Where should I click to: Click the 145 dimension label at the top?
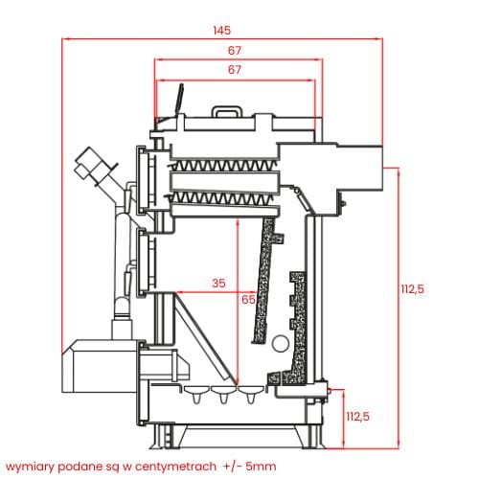(221, 31)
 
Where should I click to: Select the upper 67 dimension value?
(235, 50)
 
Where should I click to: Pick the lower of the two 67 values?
(235, 70)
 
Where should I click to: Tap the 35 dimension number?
(218, 283)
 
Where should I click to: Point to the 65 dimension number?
(248, 299)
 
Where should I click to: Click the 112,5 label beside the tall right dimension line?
(412, 289)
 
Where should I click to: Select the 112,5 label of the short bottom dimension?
(357, 417)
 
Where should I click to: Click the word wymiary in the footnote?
(30, 467)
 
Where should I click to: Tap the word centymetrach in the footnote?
(175, 467)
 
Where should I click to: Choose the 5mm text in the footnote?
(262, 467)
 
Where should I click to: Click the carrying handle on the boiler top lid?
(227, 111)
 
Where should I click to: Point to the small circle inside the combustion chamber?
(281, 343)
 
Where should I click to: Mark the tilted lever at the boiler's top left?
(179, 101)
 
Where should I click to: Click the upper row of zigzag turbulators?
(222, 165)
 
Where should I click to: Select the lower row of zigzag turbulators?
(220, 198)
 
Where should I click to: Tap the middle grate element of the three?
(223, 394)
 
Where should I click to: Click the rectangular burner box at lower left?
(101, 366)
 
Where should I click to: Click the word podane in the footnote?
(80, 467)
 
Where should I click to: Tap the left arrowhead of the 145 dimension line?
(65, 39)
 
